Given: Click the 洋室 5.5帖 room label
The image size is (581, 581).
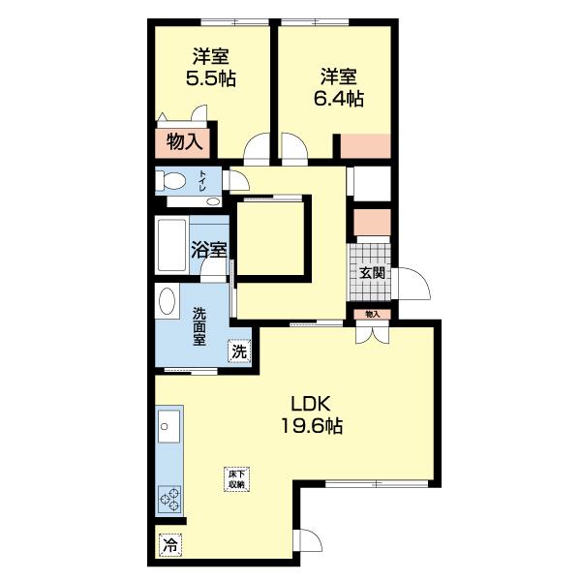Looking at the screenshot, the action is tap(210, 68).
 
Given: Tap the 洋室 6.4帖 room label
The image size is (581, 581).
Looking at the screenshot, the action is tap(339, 87).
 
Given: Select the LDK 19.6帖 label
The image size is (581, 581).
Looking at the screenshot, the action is tap(312, 414).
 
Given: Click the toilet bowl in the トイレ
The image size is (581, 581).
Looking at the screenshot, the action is tap(170, 181).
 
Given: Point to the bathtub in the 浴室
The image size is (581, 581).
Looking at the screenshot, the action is tap(171, 245).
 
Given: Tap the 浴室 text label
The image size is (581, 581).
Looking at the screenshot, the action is tap(209, 250).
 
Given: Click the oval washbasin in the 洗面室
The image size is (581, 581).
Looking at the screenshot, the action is tap(167, 301).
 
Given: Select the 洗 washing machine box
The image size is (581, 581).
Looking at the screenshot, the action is tap(239, 352).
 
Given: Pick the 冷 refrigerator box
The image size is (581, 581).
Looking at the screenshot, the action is tap(170, 544).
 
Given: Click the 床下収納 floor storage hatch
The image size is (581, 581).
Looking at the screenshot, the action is tap(237, 479).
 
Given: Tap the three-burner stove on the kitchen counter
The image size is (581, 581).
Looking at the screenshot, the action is tap(170, 499).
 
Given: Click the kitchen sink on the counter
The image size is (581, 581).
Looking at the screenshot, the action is tap(168, 426).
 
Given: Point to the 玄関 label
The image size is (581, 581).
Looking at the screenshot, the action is tap(372, 273).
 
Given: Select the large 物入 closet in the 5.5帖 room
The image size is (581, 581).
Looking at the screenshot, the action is tap(183, 142).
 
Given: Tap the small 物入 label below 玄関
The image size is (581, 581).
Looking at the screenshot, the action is tap(373, 314).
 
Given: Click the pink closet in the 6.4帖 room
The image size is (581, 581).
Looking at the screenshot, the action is tap(366, 146).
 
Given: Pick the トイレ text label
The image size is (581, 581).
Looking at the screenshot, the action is tap(202, 181).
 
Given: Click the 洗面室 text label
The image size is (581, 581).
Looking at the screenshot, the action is tap(199, 327).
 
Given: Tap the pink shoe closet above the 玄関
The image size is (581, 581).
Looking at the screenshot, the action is tap(372, 223).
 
